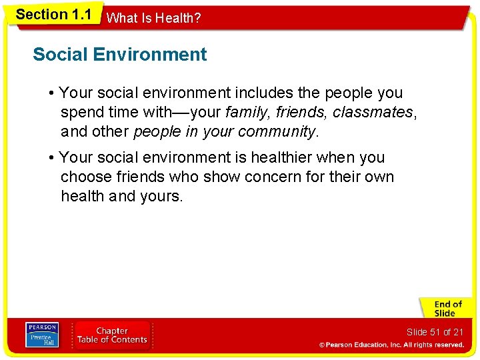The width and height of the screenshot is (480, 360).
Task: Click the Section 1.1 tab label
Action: [x=53, y=15]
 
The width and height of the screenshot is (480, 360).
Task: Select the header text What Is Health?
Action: [x=153, y=19]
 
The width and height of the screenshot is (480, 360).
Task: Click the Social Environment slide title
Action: [x=120, y=55]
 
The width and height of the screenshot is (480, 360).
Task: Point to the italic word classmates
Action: [x=373, y=113]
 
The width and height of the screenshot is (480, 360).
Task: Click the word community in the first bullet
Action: [x=277, y=132]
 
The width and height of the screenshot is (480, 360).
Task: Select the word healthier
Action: [x=273, y=158]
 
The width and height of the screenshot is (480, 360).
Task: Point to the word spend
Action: [x=82, y=113]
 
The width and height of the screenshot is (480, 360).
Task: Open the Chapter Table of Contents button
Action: [x=112, y=335]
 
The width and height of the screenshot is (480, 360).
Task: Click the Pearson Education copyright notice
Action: [x=391, y=345]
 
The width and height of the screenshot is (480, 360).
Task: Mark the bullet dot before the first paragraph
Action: [x=52, y=93]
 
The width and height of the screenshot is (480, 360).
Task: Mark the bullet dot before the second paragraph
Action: [x=52, y=158]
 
